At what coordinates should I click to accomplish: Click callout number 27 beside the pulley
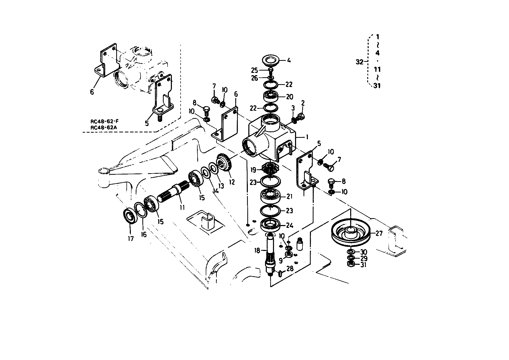pyautogui.click(x=379, y=233)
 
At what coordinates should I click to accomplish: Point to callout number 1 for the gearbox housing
pyautogui.click(x=307, y=137)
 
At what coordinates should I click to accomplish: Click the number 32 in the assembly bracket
pyautogui.click(x=359, y=62)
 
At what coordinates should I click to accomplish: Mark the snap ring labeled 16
pyautogui.click(x=141, y=210)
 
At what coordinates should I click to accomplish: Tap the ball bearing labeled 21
pyautogui.click(x=271, y=197)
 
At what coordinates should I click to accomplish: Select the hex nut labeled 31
pyautogui.click(x=350, y=264)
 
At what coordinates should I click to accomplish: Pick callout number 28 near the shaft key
pyautogui.click(x=290, y=269)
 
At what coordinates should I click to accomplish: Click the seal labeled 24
pyautogui.click(x=270, y=225)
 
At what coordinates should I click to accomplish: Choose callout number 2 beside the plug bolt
pyautogui.click(x=303, y=103)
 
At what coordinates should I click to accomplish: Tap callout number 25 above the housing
pyautogui.click(x=254, y=70)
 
